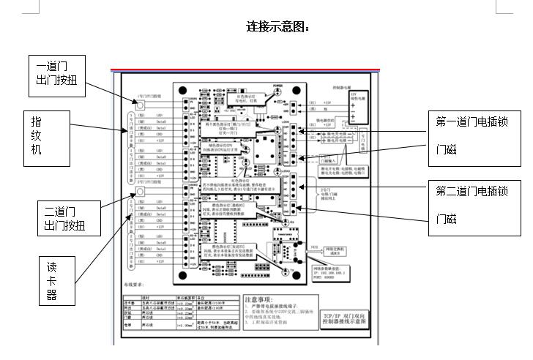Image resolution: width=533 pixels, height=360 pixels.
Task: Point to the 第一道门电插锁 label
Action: (471, 121)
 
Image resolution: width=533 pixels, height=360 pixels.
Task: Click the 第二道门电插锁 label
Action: (471, 191)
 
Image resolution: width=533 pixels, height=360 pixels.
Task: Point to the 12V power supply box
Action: (359, 105)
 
